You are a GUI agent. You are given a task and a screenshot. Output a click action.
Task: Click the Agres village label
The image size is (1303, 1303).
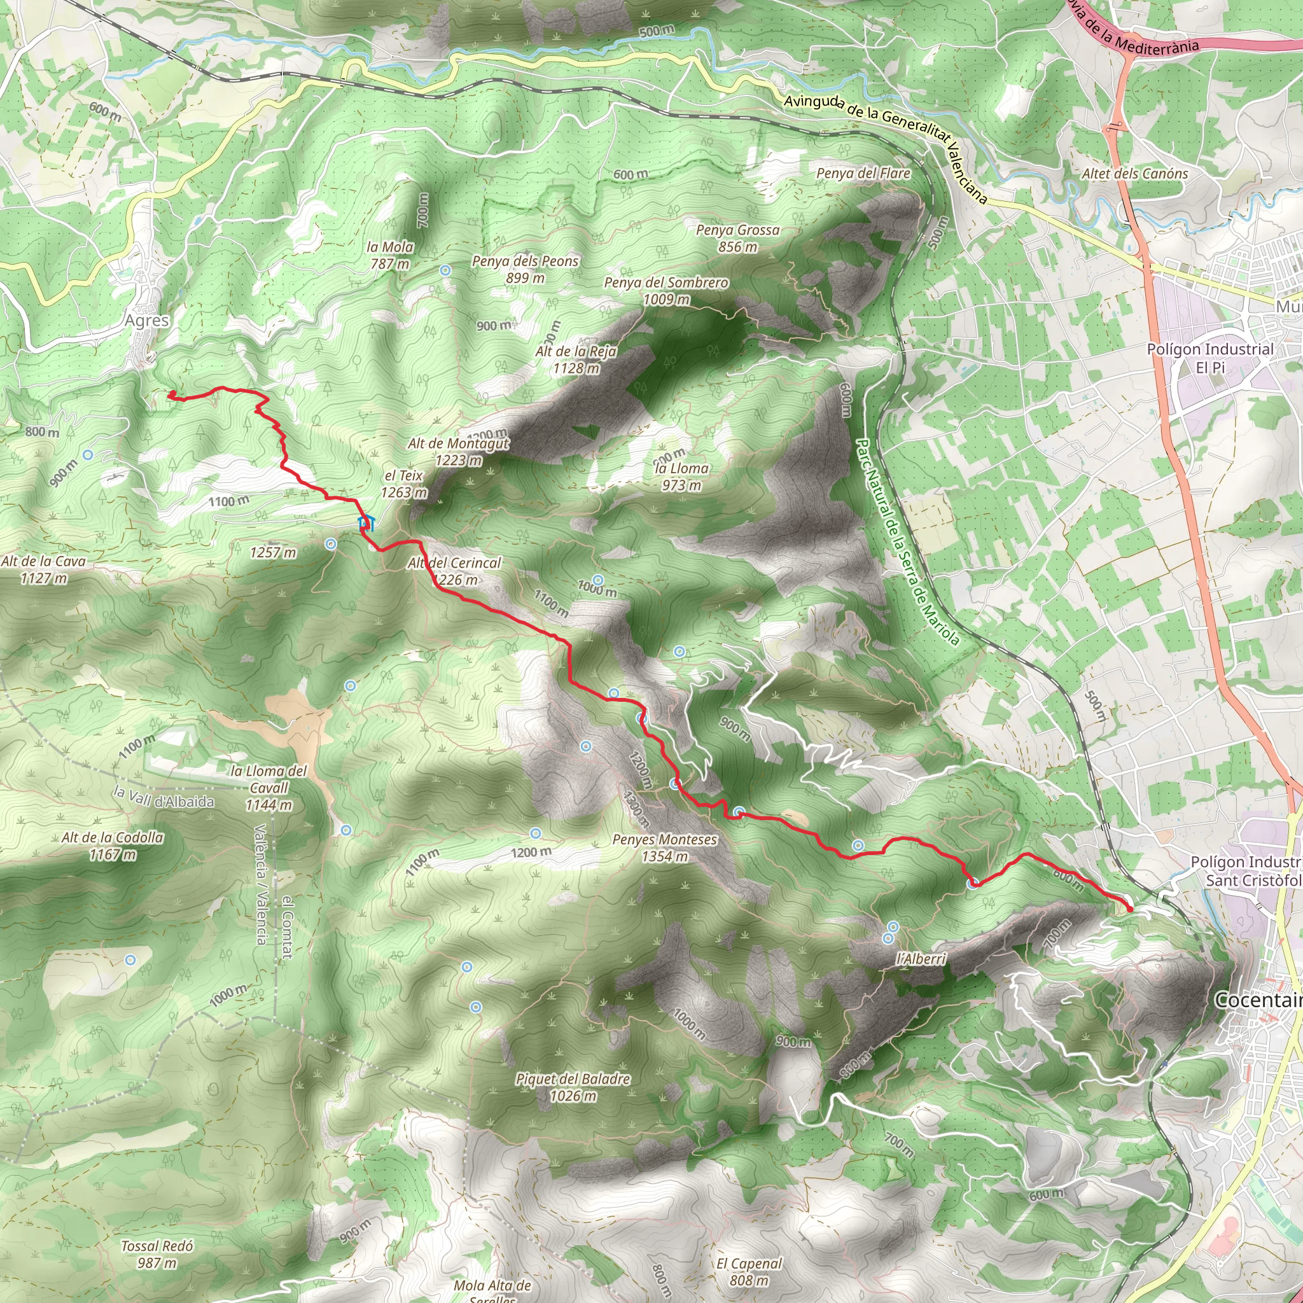(x=146, y=321)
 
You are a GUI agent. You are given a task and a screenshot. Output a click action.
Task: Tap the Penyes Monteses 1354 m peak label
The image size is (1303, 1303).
(x=664, y=847)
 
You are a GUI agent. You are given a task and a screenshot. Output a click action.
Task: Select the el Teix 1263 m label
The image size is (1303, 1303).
(x=404, y=484)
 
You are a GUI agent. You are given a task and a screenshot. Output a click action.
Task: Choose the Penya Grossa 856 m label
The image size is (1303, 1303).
(x=738, y=238)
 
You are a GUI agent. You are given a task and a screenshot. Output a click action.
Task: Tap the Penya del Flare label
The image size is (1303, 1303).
(x=863, y=173)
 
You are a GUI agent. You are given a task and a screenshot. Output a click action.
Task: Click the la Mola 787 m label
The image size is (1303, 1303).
(x=390, y=255)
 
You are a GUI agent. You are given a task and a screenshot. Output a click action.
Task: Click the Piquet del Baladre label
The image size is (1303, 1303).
(x=573, y=1087)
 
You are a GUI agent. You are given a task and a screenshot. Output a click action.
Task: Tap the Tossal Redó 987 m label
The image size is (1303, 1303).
(x=157, y=1255)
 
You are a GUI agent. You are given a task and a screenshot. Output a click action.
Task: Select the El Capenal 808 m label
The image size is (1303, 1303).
(x=749, y=1271)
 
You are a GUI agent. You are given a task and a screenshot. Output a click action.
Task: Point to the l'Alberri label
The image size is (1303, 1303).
(x=921, y=958)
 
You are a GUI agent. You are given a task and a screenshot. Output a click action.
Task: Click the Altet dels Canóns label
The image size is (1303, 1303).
(x=1135, y=173)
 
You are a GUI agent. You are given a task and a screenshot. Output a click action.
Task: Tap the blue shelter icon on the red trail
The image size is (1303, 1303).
(x=366, y=523)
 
